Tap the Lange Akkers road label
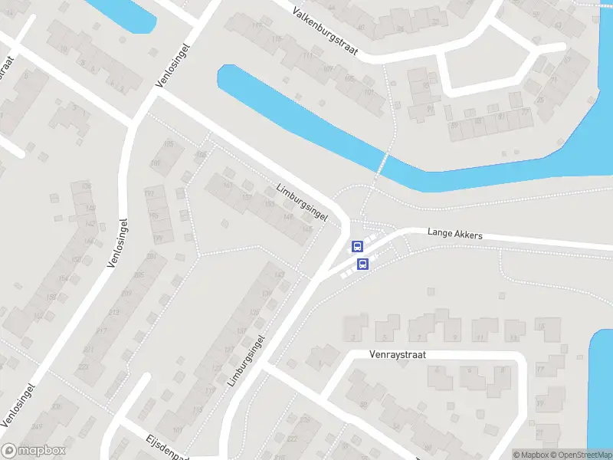455,233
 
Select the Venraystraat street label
397,355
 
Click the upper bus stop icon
357,246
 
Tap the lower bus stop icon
363,264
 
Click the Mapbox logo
33,451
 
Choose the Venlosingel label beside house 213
118,242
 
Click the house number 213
114,313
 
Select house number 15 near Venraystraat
539,327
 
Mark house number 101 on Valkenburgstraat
371,92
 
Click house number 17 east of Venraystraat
540,369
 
